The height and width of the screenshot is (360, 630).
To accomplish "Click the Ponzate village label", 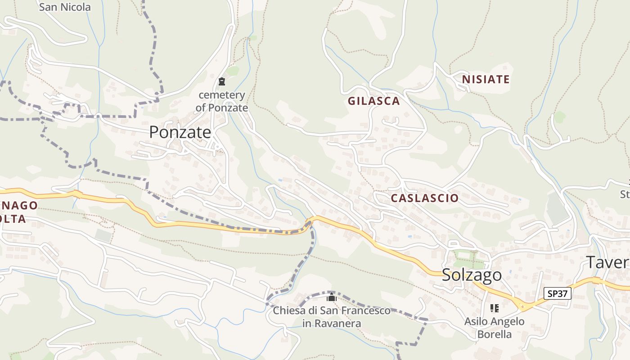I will (x=180, y=132).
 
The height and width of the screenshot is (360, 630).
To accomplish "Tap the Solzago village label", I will (x=472, y=274).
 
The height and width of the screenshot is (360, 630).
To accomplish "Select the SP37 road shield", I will (x=557, y=294).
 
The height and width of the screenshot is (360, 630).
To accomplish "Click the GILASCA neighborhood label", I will (x=373, y=101).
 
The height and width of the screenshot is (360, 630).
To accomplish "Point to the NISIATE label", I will (x=486, y=80).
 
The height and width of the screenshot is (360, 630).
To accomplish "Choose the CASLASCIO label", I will (x=425, y=198).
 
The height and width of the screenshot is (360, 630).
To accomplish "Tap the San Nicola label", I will (x=65, y=7).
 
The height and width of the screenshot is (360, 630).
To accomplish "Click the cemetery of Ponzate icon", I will (x=221, y=81).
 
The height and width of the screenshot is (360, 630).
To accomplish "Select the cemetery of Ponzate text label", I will (x=222, y=101).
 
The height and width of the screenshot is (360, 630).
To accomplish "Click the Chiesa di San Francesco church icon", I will (x=332, y=297).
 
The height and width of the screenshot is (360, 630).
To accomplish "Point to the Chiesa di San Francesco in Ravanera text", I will (x=332, y=317).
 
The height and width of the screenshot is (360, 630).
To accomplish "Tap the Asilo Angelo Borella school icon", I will (x=495, y=308).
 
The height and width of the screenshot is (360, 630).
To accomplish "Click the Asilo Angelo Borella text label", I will (x=495, y=328).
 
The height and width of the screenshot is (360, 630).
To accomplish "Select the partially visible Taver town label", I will (x=607, y=262).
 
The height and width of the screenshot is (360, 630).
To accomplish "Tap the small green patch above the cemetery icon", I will (x=233, y=71).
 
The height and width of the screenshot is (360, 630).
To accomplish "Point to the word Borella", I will (x=495, y=334).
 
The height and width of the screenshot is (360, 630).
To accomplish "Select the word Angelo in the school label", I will (x=508, y=321).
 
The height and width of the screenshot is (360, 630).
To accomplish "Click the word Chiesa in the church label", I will (x=288, y=310).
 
